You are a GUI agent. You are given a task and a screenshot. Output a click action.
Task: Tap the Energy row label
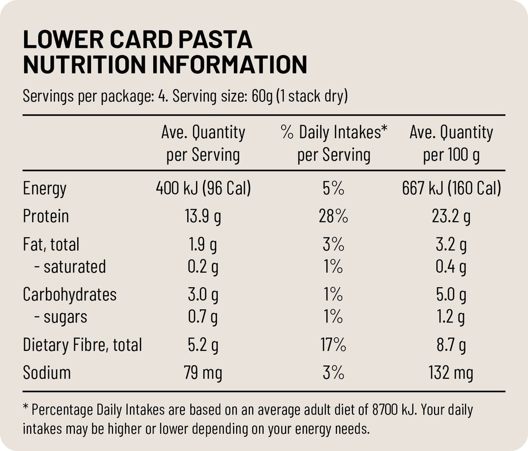coord(44,189)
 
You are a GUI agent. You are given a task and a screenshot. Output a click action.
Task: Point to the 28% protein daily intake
coord(333,216)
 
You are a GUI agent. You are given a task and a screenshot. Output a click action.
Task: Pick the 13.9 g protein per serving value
coord(203,216)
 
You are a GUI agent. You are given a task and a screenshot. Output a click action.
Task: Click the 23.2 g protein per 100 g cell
coord(451,216)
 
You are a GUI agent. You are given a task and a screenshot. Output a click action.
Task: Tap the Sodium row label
coord(47,373)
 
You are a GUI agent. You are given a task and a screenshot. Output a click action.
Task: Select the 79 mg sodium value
coord(203,373)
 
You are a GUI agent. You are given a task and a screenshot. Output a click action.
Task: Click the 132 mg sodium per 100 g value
coord(451,373)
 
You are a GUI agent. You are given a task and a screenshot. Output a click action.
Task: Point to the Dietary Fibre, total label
coord(82,345)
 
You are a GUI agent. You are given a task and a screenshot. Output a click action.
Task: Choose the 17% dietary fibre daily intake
coord(333,345)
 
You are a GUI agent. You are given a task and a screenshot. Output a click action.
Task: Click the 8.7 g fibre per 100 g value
coord(451,345)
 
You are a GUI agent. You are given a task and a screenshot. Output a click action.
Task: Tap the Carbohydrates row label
coord(70,295)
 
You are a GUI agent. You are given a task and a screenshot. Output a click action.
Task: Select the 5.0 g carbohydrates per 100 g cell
coord(451,295)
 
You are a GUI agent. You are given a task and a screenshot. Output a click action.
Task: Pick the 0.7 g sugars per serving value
coord(203,317)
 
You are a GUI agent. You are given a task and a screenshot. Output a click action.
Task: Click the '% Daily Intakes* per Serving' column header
coord(334,143)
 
